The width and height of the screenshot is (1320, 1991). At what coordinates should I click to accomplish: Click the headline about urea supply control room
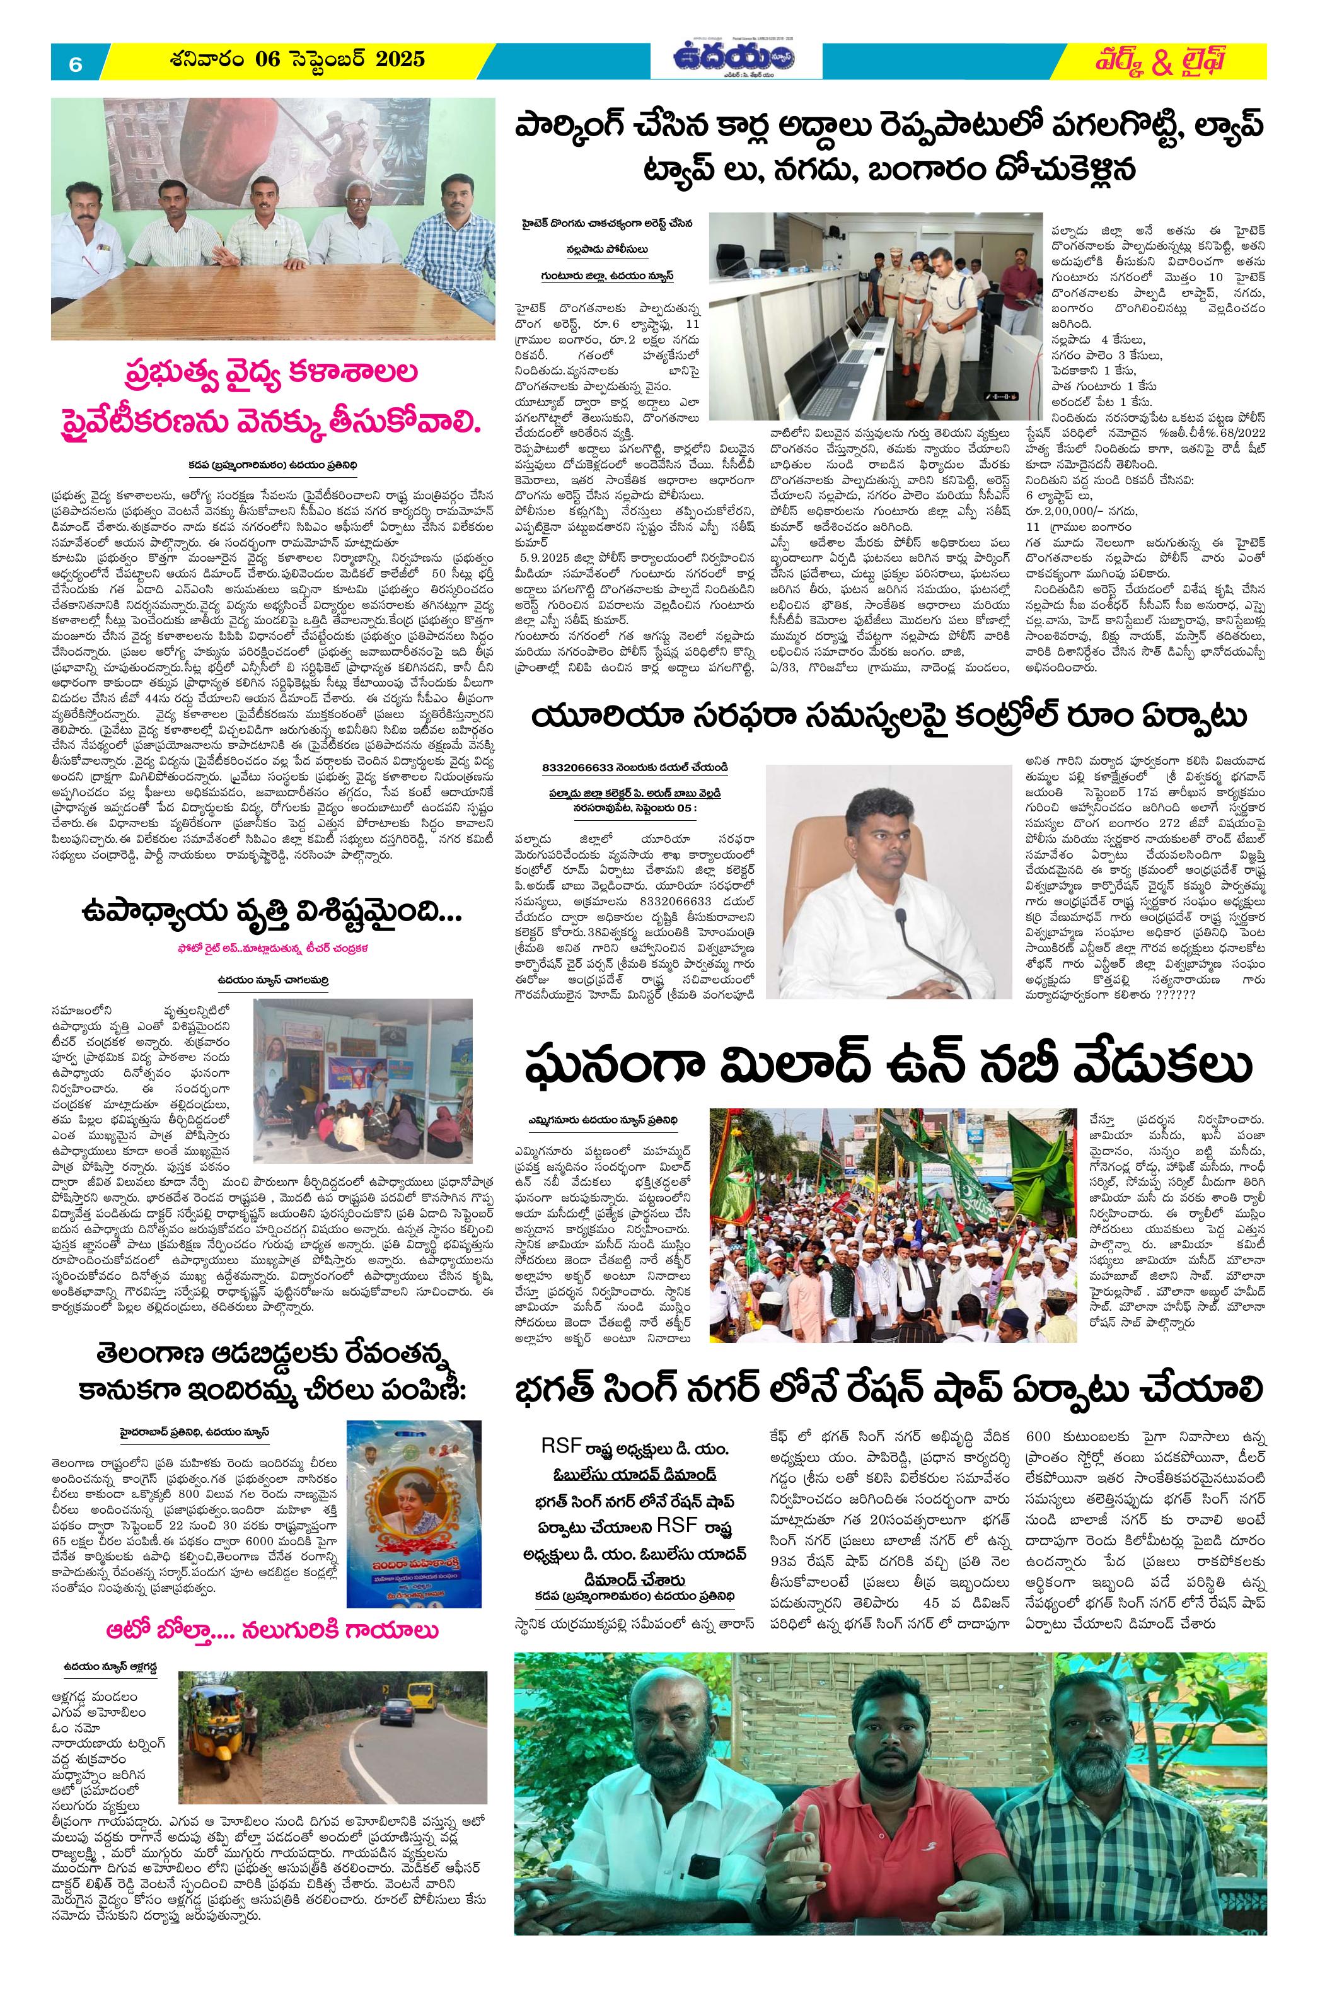click(x=889, y=718)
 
